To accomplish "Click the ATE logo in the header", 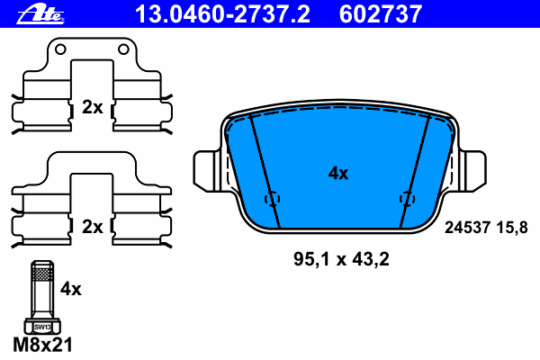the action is [40, 14].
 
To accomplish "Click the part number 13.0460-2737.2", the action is [223, 14].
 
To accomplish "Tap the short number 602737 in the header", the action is [381, 14].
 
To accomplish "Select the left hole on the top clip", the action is [60, 49].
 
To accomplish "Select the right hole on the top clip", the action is [123, 49].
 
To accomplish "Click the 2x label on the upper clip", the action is [93, 107].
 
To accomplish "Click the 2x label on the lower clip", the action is [93, 227].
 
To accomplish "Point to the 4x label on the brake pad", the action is [338, 174].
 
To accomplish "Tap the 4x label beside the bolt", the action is [71, 289].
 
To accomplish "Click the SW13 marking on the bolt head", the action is [42, 327].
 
